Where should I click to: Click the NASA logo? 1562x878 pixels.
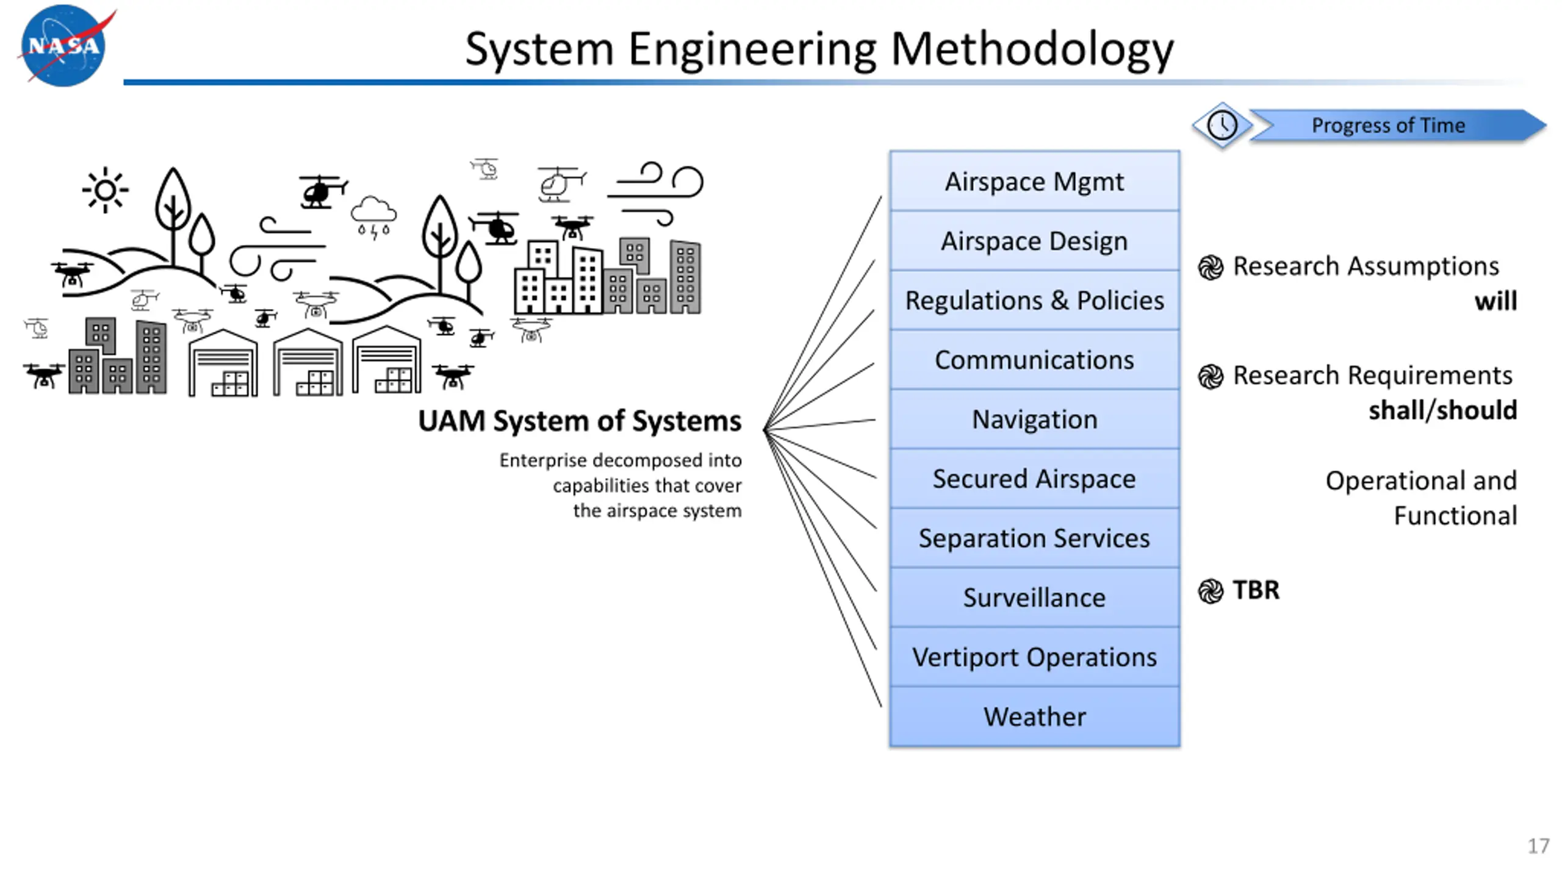point(63,46)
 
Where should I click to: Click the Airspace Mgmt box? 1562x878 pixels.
point(1034,181)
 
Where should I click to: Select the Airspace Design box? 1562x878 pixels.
point(1034,241)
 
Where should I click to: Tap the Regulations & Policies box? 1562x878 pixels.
point(1034,300)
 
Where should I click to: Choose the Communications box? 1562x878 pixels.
point(1034,360)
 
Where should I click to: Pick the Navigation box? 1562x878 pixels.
point(1034,419)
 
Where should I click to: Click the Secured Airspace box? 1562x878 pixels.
point(1034,479)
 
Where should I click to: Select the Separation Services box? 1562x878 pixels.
point(1034,538)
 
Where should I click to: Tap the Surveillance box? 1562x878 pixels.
point(1034,598)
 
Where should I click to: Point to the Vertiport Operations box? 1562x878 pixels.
point(1034,657)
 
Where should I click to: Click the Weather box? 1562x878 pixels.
point(1034,716)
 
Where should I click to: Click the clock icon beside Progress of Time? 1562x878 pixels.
point(1222,126)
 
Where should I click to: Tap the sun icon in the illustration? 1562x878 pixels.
point(105,190)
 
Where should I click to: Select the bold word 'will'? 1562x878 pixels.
point(1495,301)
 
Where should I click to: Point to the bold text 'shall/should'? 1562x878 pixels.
point(1442,410)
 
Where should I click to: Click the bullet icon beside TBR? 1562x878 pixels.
point(1211,591)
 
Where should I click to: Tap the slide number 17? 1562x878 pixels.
point(1538,846)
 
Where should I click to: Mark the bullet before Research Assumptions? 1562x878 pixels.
point(1211,267)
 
